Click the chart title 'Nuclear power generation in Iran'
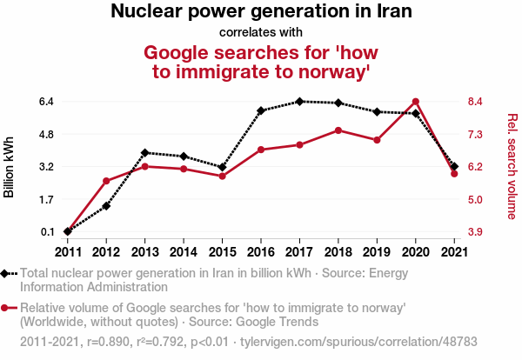pos(261,12)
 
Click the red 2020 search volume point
pos(416,102)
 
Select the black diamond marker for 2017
pos(299,101)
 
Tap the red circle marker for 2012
pos(106,181)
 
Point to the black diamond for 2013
pos(144,153)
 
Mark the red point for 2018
pos(338,130)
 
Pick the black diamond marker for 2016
pos(261,111)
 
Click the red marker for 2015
pos(222,177)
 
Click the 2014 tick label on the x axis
pos(184,252)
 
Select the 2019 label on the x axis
pos(377,252)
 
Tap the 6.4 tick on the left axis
pos(47,102)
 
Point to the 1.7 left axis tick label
pos(47,199)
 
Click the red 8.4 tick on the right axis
pos(476,102)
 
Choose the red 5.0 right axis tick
pos(476,199)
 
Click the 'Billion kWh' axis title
pos(10,167)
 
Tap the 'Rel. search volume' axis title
pos(512,166)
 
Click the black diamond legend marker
pos(6,273)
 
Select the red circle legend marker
pos(6,308)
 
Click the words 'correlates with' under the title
pos(261,32)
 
